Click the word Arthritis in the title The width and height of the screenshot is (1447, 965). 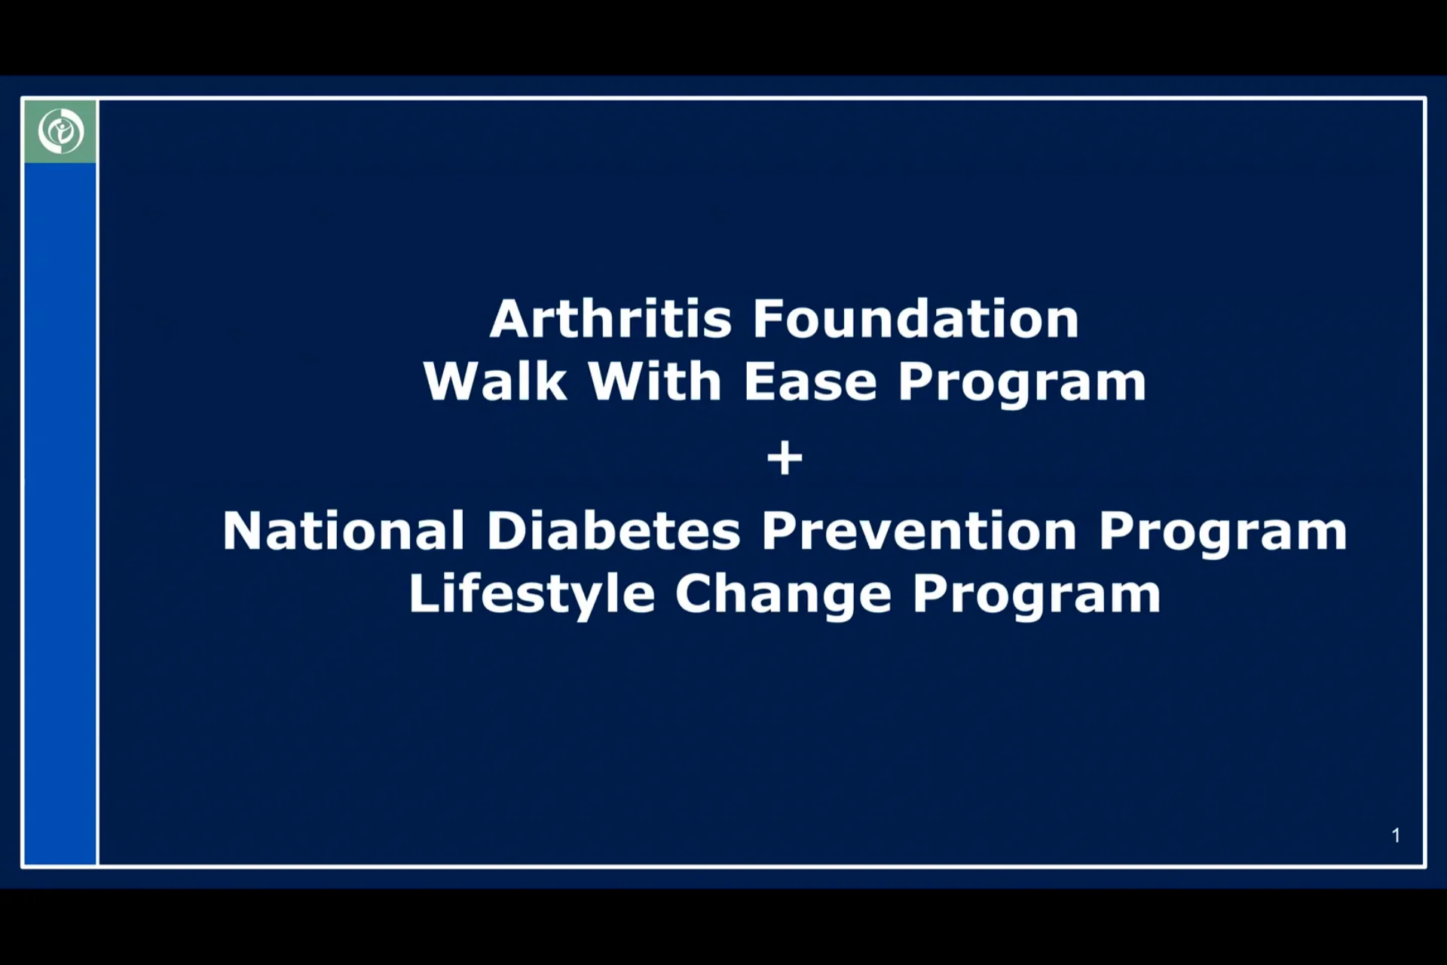610,319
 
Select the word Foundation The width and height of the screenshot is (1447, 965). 916,319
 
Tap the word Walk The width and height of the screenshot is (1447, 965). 495,381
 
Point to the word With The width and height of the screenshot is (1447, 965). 655,381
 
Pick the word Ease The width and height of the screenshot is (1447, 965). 810,381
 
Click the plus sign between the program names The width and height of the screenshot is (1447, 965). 785,458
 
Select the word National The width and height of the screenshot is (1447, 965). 344,532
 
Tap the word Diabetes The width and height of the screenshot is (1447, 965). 613,532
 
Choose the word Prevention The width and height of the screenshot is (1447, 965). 919,532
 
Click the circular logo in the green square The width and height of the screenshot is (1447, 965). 60,131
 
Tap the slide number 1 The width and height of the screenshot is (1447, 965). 1396,835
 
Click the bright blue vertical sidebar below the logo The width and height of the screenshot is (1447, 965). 60,513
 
